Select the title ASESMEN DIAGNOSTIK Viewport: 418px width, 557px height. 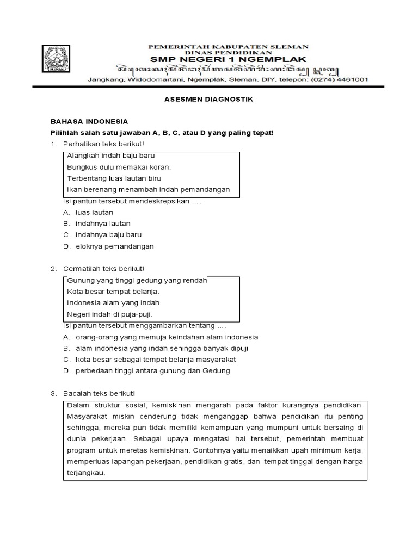click(209, 100)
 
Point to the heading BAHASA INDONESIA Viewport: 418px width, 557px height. click(89, 122)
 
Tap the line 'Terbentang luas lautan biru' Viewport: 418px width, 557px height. click(114, 178)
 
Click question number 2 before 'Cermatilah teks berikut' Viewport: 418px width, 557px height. click(53, 269)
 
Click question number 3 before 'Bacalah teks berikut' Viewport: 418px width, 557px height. click(53, 393)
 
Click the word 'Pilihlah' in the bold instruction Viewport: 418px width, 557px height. click(64, 133)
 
